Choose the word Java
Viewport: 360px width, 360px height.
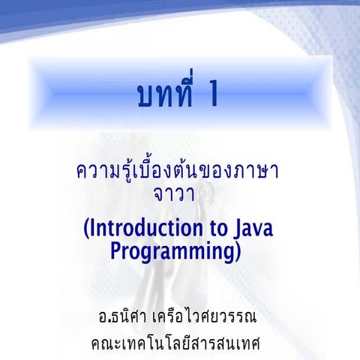pyautogui.click(x=252, y=227)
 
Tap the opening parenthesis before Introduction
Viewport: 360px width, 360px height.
pyautogui.click(x=87, y=228)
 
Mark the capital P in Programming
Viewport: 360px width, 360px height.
pyautogui.click(x=116, y=250)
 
